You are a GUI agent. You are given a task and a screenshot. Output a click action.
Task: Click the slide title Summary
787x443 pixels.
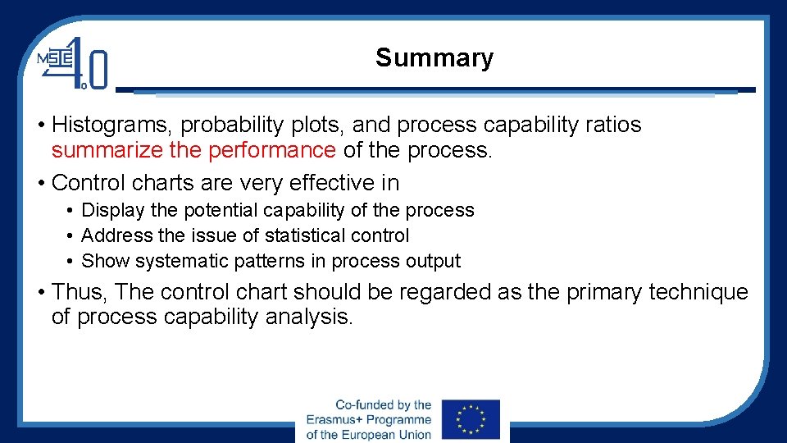434,58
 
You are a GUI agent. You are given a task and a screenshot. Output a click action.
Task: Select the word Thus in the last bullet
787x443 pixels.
79,292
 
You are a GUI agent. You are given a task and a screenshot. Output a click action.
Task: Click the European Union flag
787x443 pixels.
470,420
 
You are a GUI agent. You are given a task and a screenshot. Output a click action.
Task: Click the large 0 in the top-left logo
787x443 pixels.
98,69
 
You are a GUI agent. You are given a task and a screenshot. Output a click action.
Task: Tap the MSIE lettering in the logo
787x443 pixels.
55,59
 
